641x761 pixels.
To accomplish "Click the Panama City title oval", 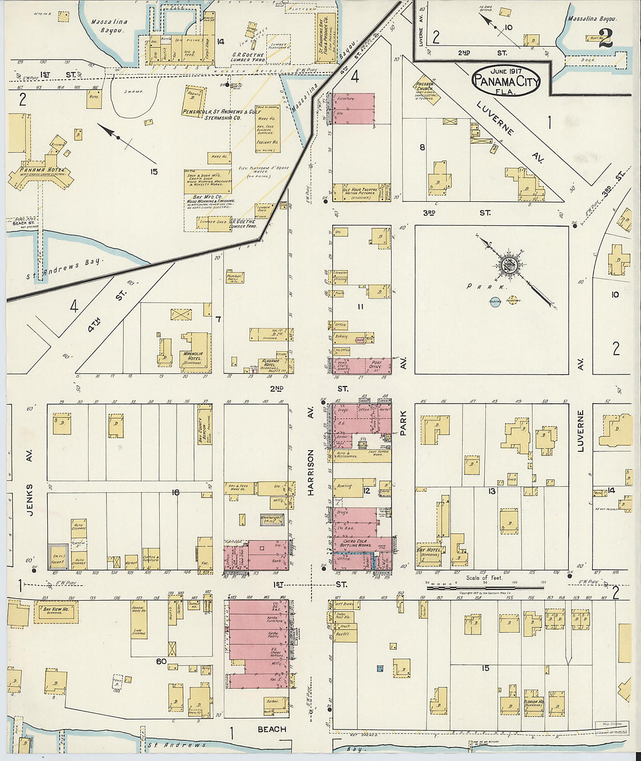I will [x=506, y=82].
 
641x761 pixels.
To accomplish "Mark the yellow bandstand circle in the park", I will [x=512, y=301].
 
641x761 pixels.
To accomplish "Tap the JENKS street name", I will [x=30, y=499].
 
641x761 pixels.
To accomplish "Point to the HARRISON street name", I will [x=311, y=472].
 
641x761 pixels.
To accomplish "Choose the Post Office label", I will [x=376, y=364].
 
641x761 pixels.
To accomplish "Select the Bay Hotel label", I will [x=428, y=552].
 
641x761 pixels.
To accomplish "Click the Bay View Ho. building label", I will [x=56, y=609].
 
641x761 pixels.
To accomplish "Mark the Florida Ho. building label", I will [x=534, y=703].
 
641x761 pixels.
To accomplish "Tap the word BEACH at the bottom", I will [x=272, y=730].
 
